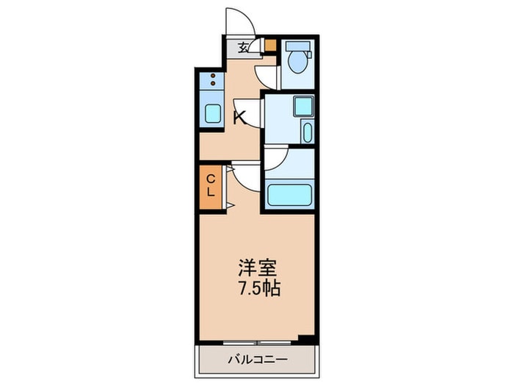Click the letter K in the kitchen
click(x=239, y=115)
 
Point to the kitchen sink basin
click(x=211, y=114)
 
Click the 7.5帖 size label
click(x=256, y=287)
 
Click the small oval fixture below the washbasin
click(x=306, y=133)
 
